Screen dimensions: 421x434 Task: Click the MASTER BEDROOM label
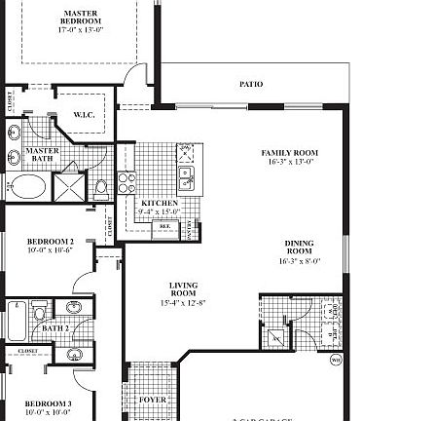pyautogui.click(x=80, y=20)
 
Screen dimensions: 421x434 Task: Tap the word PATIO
pyautogui.click(x=251, y=85)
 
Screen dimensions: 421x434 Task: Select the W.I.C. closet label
pyautogui.click(x=84, y=115)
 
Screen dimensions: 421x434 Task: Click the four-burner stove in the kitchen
pyautogui.click(x=127, y=182)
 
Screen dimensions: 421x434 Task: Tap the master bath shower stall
pyautogui.click(x=70, y=186)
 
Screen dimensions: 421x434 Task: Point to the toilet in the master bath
pyautogui.click(x=101, y=187)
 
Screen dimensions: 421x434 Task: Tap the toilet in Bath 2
pyautogui.click(x=39, y=311)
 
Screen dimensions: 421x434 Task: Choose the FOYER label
pyautogui.click(x=153, y=400)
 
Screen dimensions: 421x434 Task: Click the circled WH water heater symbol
pyautogui.click(x=336, y=360)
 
